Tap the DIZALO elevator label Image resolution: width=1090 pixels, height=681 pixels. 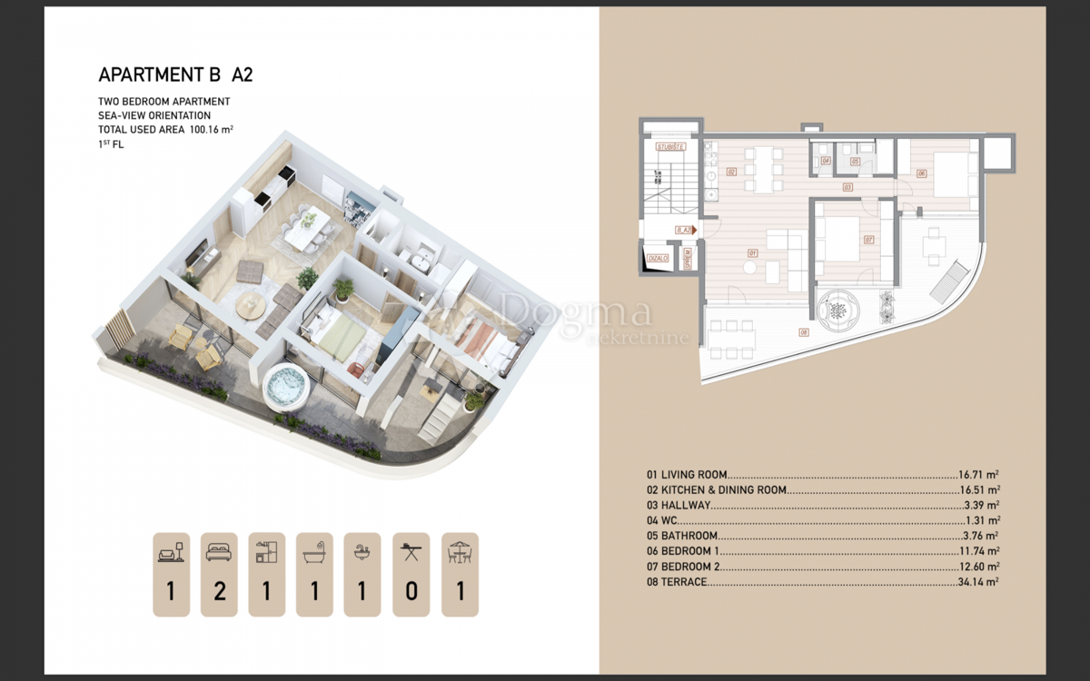pos(657,259)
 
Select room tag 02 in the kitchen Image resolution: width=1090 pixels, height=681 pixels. pos(731,170)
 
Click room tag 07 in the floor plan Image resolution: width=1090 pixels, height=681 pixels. pos(868,241)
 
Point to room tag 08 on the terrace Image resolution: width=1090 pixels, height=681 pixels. pos(803,331)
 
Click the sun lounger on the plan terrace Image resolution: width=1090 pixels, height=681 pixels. pos(946,281)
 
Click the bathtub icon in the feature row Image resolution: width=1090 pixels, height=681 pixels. pos(314,551)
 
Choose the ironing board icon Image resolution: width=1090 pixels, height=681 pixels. pos(411,551)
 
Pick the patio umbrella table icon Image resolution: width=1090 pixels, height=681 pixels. pos(460,551)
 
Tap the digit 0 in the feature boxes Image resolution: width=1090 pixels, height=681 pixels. pos(411,592)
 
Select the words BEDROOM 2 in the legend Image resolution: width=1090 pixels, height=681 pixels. pos(686,567)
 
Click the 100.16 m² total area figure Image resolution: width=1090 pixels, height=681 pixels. pos(212,130)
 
